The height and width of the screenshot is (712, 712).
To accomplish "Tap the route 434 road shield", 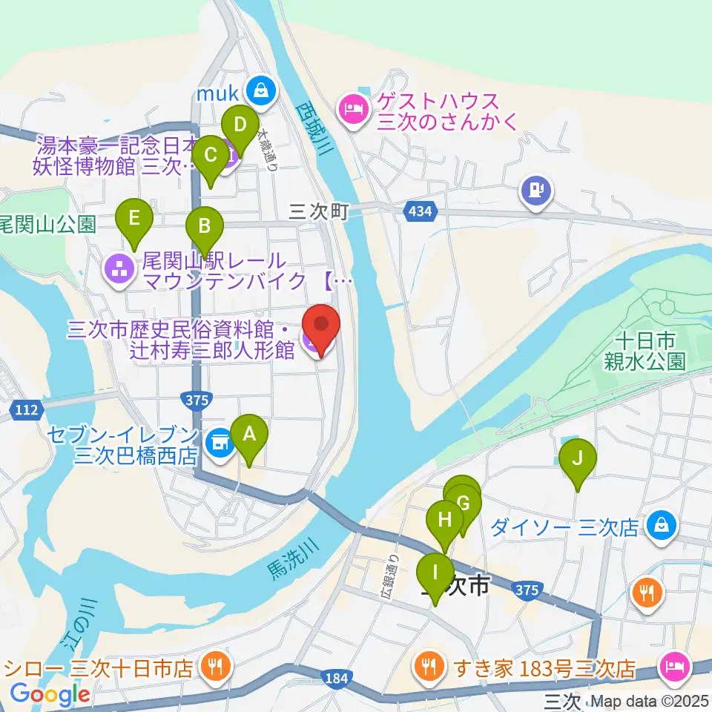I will point(419,212).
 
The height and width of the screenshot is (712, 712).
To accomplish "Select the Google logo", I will point(50,694).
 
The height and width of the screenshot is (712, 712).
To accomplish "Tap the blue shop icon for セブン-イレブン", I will point(218,444).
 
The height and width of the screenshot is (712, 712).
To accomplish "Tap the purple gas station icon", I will point(535,190).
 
